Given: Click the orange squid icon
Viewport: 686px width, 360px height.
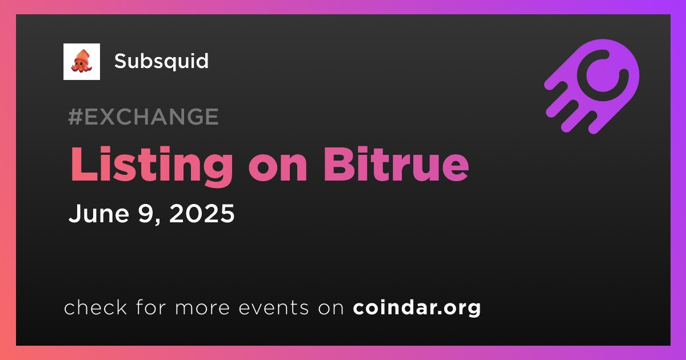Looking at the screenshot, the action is coord(81,62).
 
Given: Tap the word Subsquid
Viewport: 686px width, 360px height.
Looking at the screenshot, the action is coord(161,61).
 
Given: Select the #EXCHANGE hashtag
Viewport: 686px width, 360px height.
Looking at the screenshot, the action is coord(143,117).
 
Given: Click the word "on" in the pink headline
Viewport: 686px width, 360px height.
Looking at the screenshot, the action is coord(278,169).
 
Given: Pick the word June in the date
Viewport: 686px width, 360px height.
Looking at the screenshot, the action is coord(98,213).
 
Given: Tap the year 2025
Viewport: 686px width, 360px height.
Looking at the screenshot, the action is coord(201,213).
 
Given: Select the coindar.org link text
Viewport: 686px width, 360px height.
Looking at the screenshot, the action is coord(417,307).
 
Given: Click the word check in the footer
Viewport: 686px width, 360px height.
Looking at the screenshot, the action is coord(95,307).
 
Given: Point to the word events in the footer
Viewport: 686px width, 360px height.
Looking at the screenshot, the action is coord(273,307).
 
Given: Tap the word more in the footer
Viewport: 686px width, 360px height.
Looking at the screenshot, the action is coord(202,308).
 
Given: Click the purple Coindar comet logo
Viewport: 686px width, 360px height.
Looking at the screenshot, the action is coord(592,86).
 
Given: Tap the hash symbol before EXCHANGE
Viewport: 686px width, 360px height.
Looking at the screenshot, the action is coord(75,117).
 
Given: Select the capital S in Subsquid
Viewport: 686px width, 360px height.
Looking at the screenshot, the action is coord(121,61).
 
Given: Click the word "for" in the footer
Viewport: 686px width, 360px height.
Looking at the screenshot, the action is coord(151,307).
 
